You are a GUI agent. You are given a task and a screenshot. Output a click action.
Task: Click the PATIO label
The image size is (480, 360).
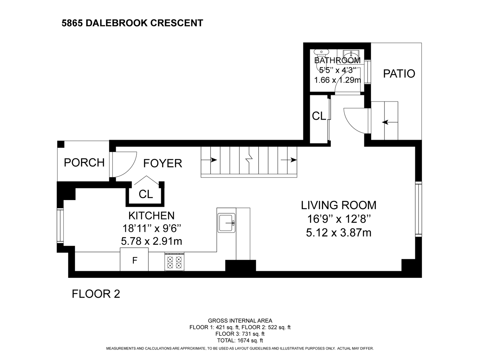(399, 73)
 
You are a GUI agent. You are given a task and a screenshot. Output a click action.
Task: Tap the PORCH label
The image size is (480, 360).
(84, 163)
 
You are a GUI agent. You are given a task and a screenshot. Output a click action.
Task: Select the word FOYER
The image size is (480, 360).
(163, 163)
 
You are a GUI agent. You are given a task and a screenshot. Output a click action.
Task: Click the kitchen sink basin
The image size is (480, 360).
(226, 222)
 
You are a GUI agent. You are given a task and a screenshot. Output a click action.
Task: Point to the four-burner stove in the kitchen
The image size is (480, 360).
(174, 262)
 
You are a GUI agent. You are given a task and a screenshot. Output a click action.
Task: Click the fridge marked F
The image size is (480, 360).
(134, 260)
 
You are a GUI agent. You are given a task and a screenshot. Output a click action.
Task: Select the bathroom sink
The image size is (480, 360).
(350, 55)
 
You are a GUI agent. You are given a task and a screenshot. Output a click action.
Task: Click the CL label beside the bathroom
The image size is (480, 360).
(319, 116)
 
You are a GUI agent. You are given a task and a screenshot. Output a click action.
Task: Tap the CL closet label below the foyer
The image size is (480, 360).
(146, 194)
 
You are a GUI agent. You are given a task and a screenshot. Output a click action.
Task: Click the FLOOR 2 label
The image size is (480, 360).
(96, 294)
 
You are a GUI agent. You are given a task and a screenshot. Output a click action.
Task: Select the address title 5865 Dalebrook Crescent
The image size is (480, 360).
(132, 23)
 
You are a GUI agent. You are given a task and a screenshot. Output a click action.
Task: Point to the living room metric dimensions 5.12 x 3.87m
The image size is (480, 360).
(339, 233)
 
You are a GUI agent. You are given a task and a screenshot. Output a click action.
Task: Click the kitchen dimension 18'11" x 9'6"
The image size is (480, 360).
(152, 229)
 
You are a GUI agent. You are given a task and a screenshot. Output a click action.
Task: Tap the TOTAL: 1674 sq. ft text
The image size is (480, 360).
(240, 340)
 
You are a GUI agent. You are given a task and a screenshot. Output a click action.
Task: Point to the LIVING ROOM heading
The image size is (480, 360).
(339, 205)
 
